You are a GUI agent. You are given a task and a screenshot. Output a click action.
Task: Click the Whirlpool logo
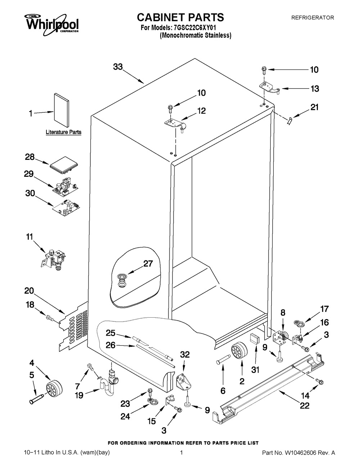pyautogui.click(x=51, y=24)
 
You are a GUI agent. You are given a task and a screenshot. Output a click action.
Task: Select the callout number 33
pyautogui.click(x=118, y=67)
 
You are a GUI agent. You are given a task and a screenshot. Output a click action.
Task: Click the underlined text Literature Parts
pyautogui.click(x=63, y=132)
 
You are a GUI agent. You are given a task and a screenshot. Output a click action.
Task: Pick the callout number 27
pyautogui.click(x=148, y=263)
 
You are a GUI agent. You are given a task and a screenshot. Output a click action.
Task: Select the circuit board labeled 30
pyautogui.click(x=66, y=209)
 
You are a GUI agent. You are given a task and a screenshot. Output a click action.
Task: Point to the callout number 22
pyautogui.click(x=305, y=405)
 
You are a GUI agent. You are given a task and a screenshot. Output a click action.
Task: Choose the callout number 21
pyautogui.click(x=314, y=107)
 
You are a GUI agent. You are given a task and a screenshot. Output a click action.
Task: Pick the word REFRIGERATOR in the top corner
pyautogui.click(x=312, y=17)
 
